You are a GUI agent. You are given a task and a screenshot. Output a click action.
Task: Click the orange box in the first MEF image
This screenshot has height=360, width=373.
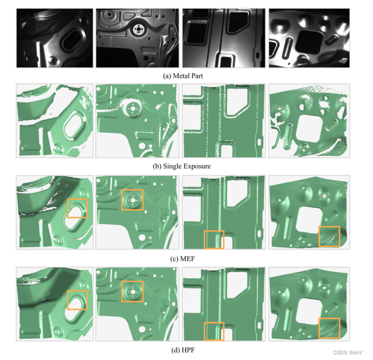77,208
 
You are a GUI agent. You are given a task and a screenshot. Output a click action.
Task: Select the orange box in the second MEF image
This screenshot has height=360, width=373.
132,200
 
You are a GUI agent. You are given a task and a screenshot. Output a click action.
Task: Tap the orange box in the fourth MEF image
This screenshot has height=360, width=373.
329,236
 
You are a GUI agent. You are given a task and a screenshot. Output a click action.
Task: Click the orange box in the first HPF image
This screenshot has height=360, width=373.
77,300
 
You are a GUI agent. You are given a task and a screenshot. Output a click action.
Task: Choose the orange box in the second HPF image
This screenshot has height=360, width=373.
132,292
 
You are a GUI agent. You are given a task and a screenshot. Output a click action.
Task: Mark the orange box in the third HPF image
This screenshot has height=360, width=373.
214,331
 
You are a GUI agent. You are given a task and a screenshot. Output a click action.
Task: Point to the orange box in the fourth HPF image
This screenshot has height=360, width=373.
329,327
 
